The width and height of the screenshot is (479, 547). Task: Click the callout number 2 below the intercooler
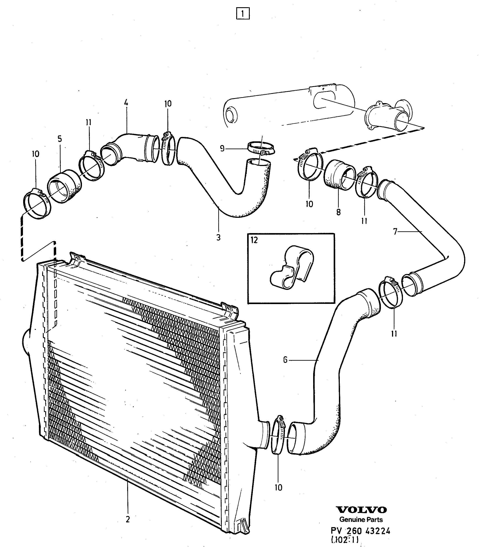[x=128, y=519]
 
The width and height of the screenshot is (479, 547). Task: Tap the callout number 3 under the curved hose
[x=218, y=237]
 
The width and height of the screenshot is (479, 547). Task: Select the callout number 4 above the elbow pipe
[x=126, y=102]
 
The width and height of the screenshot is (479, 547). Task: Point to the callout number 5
[x=60, y=139]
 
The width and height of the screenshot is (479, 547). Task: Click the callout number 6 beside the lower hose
[x=285, y=360]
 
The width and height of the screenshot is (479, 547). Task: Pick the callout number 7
[x=395, y=231]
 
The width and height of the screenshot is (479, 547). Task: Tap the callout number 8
[x=338, y=212]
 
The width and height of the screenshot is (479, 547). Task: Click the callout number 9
[x=222, y=148]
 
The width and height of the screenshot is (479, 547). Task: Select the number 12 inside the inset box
[x=254, y=240]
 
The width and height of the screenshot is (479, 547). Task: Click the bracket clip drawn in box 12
[x=292, y=267]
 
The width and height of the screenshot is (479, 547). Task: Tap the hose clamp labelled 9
[x=261, y=148]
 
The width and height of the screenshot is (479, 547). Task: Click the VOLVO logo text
[x=361, y=510]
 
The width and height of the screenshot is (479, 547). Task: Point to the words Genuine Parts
[x=361, y=519]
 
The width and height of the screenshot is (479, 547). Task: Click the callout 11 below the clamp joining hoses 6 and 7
[x=394, y=334]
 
